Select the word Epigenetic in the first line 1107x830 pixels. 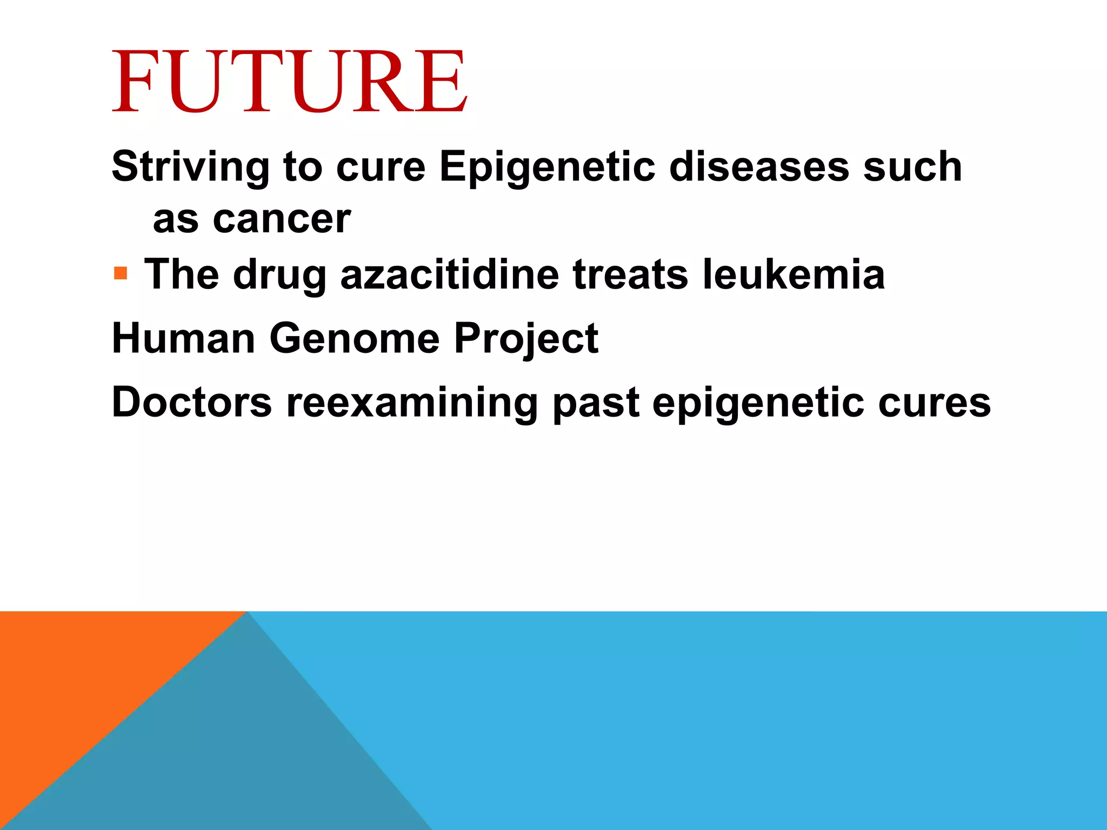[547, 168]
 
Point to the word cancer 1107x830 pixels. [282, 220]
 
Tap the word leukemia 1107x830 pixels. [793, 275]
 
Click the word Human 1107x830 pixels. [183, 338]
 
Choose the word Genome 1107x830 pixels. [355, 338]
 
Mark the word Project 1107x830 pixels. [526, 339]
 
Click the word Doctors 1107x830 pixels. [192, 403]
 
